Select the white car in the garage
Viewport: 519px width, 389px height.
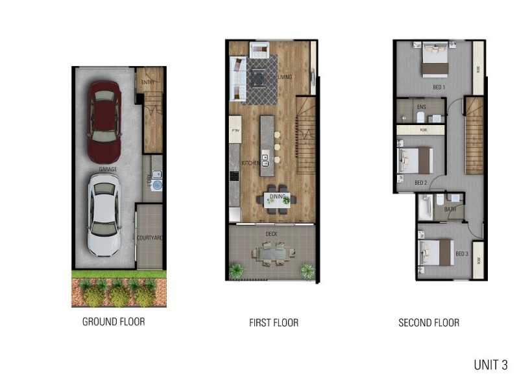[104, 217]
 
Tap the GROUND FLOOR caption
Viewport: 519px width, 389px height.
[114, 322]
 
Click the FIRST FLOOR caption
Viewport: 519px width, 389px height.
[274, 322]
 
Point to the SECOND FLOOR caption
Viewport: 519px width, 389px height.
[429, 322]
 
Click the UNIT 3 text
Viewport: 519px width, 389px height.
[490, 365]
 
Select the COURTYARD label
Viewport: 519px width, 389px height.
[150, 239]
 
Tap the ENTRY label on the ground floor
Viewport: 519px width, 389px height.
[149, 82]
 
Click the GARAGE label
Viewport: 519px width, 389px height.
[108, 169]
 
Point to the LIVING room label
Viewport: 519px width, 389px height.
[285, 77]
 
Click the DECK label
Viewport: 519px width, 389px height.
[271, 233]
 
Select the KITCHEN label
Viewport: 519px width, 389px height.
[250, 163]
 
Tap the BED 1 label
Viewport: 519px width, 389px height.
[439, 87]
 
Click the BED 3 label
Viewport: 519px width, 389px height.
[461, 253]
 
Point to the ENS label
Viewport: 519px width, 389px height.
[421, 107]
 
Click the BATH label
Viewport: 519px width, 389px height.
[450, 209]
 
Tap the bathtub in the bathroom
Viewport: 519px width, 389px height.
[426, 208]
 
